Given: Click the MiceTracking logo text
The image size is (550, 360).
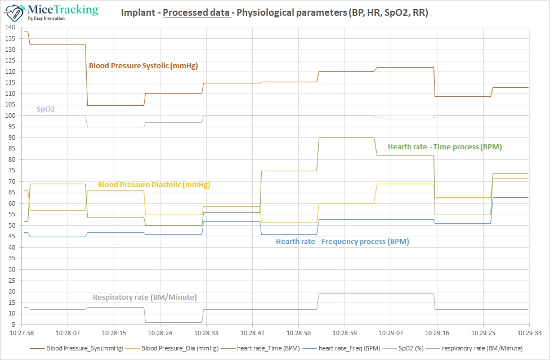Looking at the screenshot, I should (x=62, y=10).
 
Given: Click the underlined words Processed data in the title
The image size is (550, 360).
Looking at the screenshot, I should (x=196, y=12).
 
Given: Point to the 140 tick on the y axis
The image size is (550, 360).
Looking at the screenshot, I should (x=11, y=28).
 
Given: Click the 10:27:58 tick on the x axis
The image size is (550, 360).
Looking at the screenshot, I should (x=22, y=332).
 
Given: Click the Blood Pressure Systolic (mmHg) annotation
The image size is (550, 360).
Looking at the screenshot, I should (x=144, y=66).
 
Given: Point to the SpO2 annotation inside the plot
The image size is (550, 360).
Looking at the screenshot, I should (x=46, y=109).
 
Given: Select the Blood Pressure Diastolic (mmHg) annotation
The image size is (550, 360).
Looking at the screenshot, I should (x=154, y=184).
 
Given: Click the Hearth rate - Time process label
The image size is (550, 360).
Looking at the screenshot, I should (x=445, y=146).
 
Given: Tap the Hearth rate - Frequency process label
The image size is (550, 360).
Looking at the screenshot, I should (x=342, y=242).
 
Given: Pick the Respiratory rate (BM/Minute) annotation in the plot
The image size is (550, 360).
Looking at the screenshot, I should (x=145, y=297).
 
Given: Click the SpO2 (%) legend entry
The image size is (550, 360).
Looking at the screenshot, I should (x=413, y=348).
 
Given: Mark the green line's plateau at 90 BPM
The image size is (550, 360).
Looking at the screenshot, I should (x=346, y=137).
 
